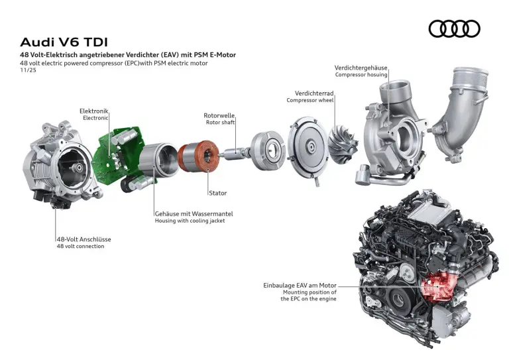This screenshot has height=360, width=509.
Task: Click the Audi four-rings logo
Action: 454,29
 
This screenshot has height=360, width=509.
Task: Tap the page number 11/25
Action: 28,70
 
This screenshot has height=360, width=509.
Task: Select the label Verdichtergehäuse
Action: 361,68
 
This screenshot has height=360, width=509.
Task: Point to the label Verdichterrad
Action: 314,93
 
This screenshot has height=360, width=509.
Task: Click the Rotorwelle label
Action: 219,115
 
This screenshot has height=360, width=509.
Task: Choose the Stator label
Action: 217,193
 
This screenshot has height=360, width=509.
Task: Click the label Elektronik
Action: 93,111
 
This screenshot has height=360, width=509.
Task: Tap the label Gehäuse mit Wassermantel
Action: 194,213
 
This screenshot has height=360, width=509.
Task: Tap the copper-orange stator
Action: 199,154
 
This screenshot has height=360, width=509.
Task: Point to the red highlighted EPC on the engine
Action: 437,286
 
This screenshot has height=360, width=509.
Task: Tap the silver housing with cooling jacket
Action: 159,161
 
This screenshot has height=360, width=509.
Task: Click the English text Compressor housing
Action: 361,75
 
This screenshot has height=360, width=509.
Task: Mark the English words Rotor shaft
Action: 221,122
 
